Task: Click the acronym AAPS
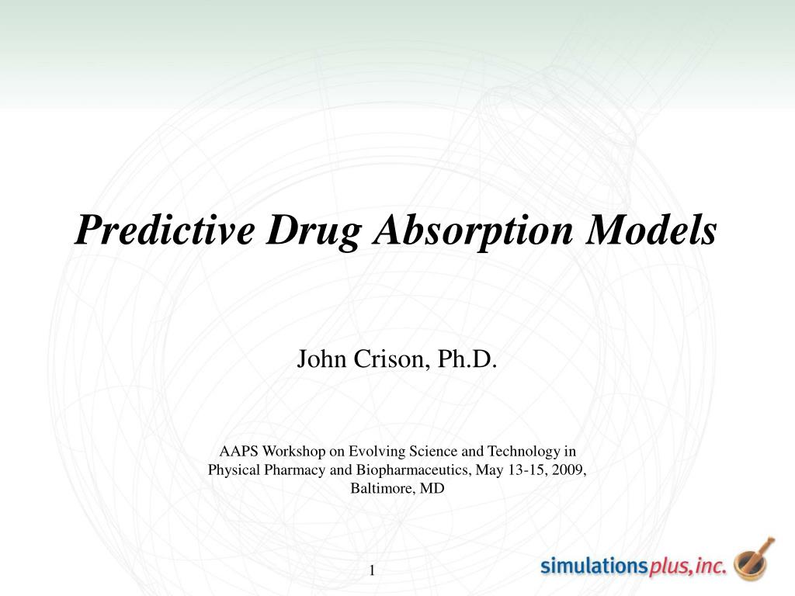tap(238, 451)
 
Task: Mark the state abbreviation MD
tap(433, 488)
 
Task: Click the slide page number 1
tap(372, 571)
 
